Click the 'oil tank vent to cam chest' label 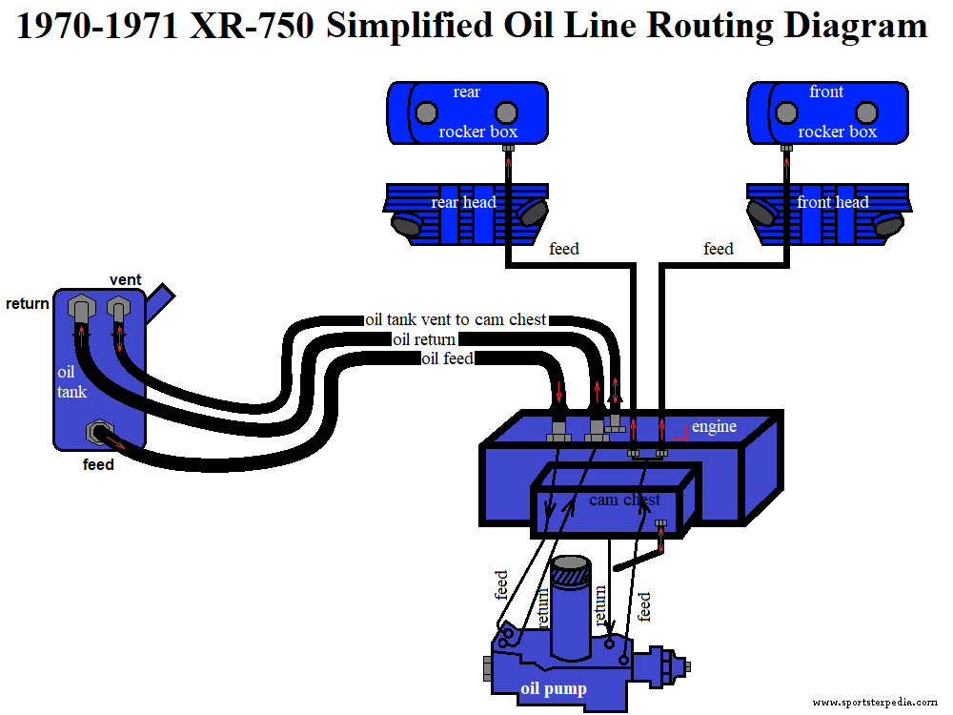point(456,319)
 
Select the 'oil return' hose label point(424,339)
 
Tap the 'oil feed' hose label point(448,358)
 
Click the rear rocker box point(466,112)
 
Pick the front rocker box point(825,112)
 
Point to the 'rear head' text point(463,202)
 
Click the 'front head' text point(833,202)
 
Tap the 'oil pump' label point(553,688)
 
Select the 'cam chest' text point(624,500)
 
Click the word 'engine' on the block point(714,426)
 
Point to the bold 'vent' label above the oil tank point(125,279)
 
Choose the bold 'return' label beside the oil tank point(28,304)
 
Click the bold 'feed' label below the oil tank point(98,465)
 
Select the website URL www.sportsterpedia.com point(875,702)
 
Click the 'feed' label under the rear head point(564,249)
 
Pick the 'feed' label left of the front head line point(719,249)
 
